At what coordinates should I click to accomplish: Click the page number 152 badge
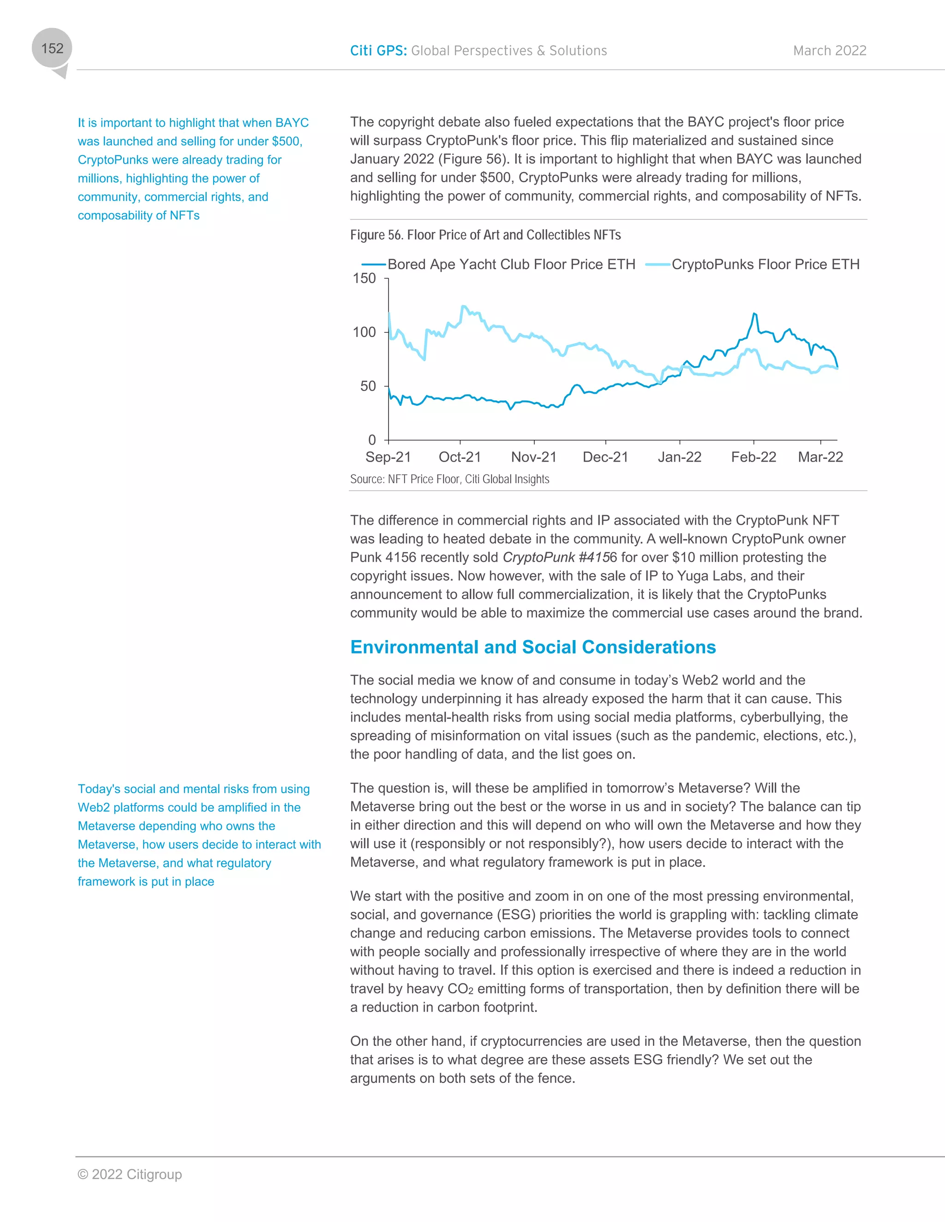click(x=52, y=49)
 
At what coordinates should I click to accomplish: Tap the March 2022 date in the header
click(x=829, y=51)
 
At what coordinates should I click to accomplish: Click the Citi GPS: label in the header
click(x=378, y=51)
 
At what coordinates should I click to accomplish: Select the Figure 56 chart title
click(x=485, y=235)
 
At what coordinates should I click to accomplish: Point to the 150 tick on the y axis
click(x=364, y=278)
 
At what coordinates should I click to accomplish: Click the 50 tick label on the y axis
click(x=368, y=386)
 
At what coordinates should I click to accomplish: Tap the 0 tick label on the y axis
click(x=372, y=440)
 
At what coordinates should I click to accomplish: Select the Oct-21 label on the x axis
click(x=460, y=457)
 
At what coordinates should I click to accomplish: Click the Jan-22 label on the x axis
click(x=679, y=457)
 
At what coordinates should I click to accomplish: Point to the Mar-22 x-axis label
click(x=820, y=457)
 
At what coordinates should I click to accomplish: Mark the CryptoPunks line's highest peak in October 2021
click(x=463, y=306)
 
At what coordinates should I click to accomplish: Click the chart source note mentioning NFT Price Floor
click(x=449, y=479)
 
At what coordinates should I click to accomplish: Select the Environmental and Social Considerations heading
click(x=532, y=647)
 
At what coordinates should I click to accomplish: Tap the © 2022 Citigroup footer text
click(x=130, y=1174)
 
